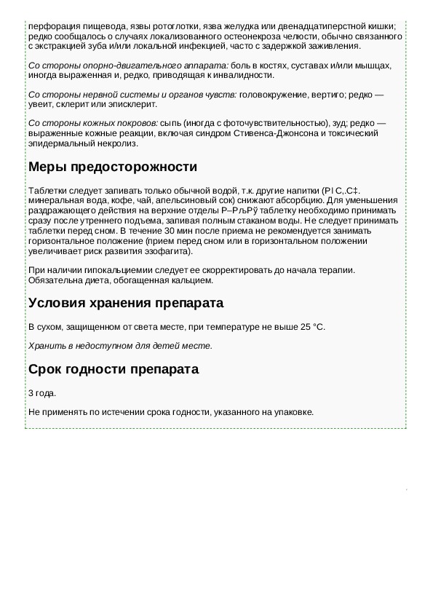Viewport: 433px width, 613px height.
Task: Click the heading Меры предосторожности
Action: pos(112,167)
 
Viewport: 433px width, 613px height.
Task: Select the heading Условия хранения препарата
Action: pos(125,303)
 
